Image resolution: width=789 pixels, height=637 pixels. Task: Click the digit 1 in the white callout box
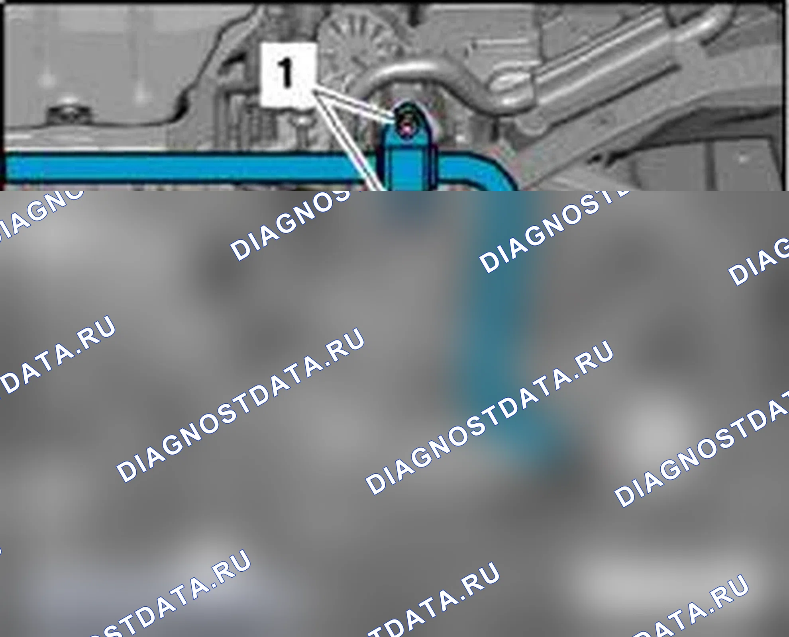tap(286, 73)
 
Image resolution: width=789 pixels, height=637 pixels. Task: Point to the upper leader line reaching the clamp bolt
tap(355, 104)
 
